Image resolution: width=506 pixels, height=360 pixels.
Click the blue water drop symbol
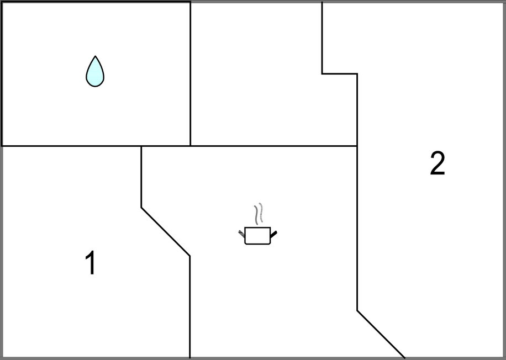coord(95,72)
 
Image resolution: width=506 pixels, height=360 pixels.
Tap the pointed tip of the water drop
coord(95,56)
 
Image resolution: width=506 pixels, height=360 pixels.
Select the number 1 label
coord(91,263)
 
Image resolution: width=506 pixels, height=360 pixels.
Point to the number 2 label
coord(438,163)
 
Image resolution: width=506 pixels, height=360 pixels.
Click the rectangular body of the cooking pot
coord(257,236)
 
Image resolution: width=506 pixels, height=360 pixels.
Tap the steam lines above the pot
coord(259,214)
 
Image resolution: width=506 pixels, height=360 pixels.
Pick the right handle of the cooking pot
coord(273,234)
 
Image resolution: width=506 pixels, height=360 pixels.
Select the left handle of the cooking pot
coord(242,234)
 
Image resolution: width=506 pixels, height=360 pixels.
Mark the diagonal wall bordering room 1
coord(166,232)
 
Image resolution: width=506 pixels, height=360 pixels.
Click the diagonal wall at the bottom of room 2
coord(381,334)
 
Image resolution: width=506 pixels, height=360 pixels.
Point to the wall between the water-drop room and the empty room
coord(191,74)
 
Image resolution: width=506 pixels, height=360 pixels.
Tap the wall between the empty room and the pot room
coord(273,146)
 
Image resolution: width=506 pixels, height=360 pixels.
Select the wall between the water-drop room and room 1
coord(71,146)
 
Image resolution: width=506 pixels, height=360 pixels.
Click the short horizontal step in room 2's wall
coord(340,74)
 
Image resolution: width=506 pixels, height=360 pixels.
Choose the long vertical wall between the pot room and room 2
coord(357,192)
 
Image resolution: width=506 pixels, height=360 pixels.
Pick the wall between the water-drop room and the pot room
coord(166,146)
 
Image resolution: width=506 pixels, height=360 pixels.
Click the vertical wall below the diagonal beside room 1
coord(190,307)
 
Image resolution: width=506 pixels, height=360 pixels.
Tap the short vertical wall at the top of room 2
coord(322,38)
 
